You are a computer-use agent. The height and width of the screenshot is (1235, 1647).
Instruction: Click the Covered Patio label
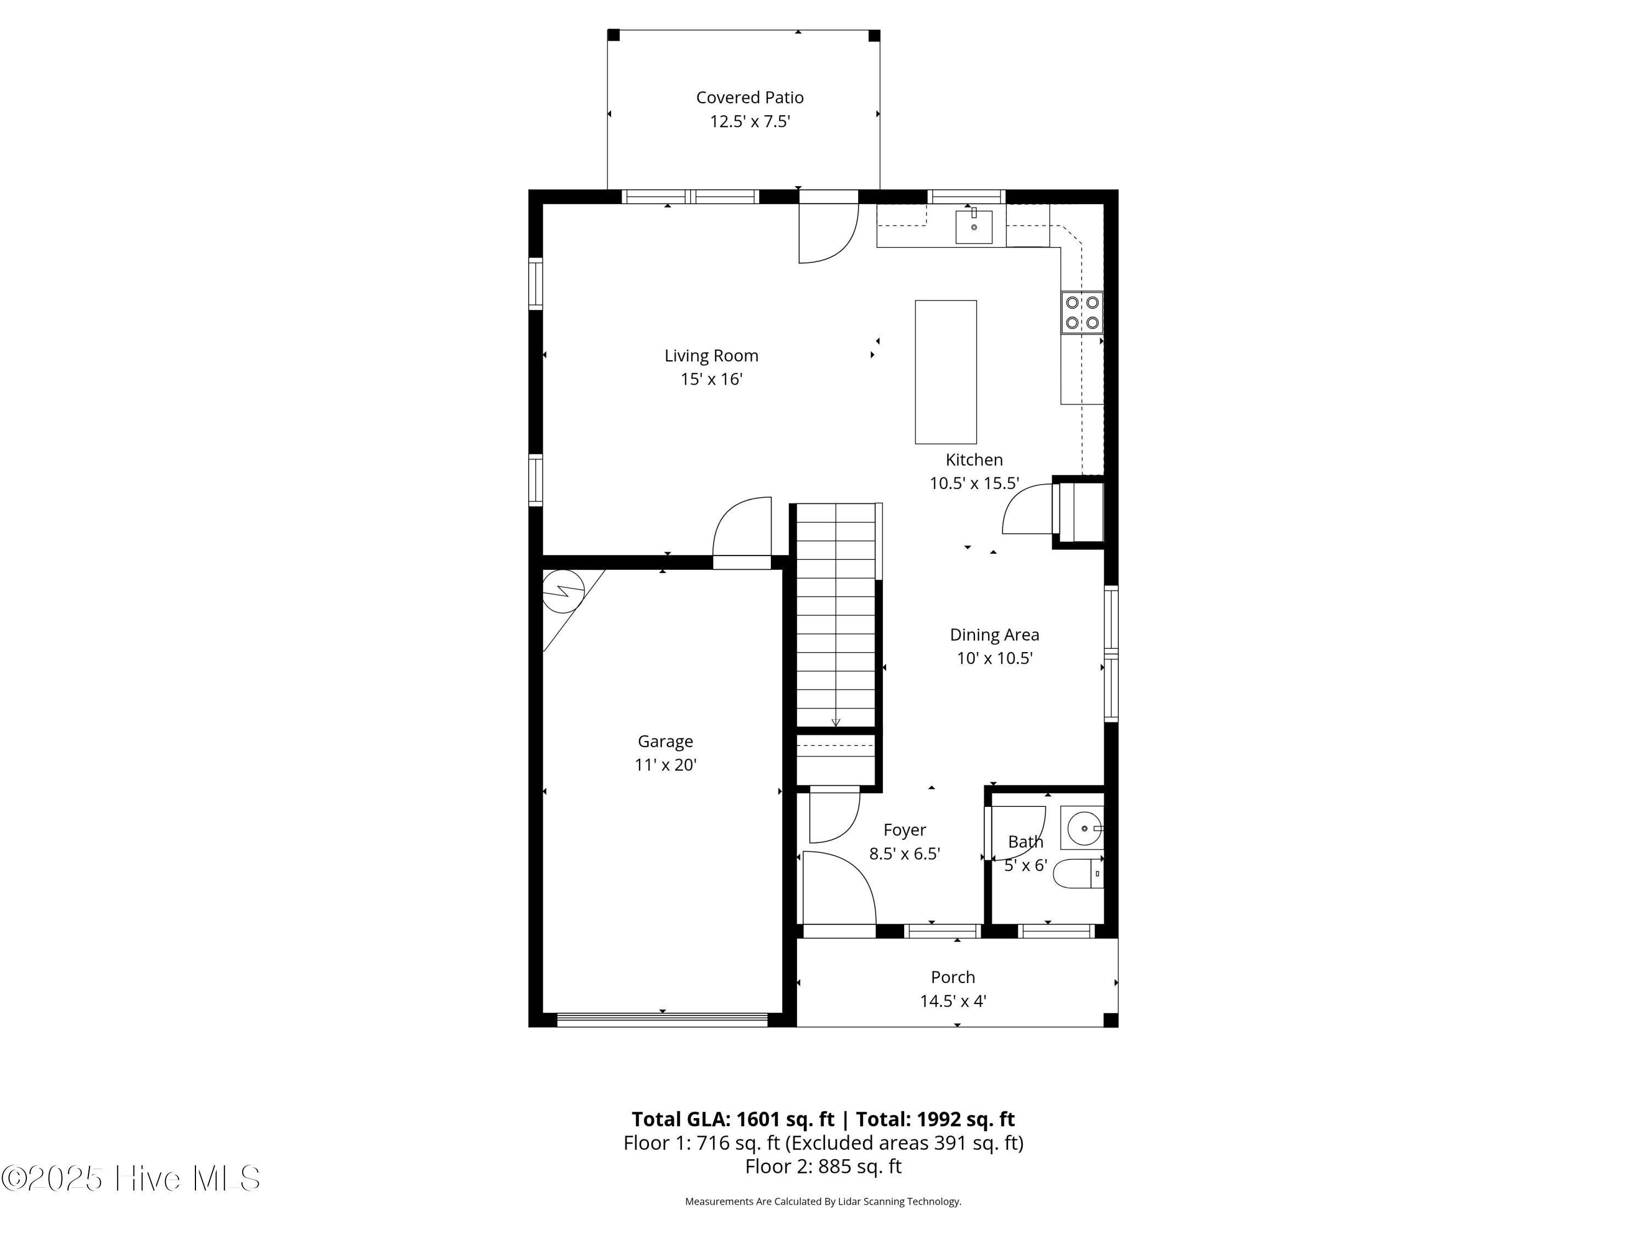click(x=750, y=98)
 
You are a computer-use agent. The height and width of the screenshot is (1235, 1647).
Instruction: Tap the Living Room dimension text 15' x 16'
click(x=711, y=379)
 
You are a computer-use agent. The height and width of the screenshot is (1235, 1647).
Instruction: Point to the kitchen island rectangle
click(x=945, y=372)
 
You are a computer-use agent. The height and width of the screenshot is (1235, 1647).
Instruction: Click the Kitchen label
click(x=974, y=459)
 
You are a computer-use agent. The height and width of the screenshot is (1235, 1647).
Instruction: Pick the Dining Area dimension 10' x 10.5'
click(x=994, y=658)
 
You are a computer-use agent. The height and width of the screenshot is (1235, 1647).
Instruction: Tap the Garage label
click(x=665, y=742)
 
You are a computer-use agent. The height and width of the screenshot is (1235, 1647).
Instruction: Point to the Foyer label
click(x=905, y=830)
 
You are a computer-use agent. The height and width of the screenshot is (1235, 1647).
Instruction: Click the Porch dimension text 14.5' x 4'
click(x=953, y=1001)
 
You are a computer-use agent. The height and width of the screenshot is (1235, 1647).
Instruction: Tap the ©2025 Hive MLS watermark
click(x=131, y=1178)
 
